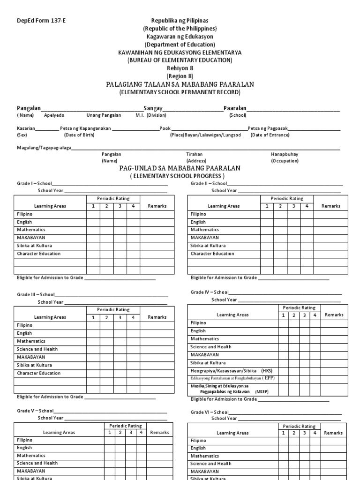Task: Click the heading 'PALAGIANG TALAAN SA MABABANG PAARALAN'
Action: (x=180, y=84)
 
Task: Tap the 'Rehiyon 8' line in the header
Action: (x=180, y=68)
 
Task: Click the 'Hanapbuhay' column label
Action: (x=285, y=154)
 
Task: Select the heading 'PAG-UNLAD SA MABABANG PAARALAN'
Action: (x=180, y=168)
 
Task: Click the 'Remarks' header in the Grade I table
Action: (x=157, y=206)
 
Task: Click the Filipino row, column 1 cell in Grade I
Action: (x=93, y=214)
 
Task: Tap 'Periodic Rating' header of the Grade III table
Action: (x=113, y=310)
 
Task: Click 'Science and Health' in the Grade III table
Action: (x=37, y=349)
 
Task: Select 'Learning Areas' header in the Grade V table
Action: (x=59, y=433)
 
